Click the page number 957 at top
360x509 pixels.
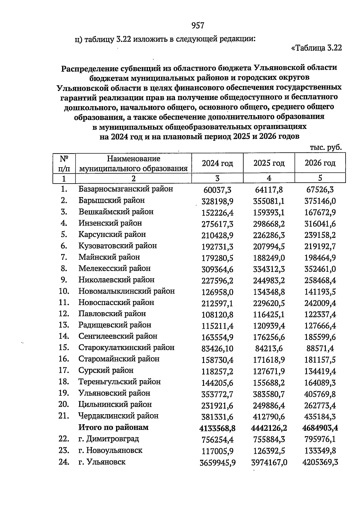tap(198, 26)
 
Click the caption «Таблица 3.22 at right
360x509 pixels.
tap(316, 48)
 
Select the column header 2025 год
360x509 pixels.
tap(269, 163)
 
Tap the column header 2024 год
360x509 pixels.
tap(217, 163)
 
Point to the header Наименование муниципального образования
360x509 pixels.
tap(133, 163)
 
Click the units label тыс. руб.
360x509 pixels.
tap(326, 148)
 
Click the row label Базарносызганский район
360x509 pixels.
tap(126, 189)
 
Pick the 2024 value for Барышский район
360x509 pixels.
tap(217, 201)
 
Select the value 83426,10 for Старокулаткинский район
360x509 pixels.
tap(217, 349)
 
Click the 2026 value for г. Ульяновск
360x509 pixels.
tap(320, 463)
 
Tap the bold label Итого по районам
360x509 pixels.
tap(113, 427)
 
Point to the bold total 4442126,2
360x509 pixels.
tap(269, 428)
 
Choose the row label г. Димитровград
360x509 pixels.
tap(109, 439)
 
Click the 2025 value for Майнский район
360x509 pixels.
tap(269, 258)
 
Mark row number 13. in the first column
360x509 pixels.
tap(64, 325)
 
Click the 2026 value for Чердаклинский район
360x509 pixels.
tap(320, 417)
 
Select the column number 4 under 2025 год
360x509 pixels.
tap(269, 178)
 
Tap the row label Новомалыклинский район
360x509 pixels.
tap(127, 291)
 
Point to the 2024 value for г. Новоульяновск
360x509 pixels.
tap(217, 451)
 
